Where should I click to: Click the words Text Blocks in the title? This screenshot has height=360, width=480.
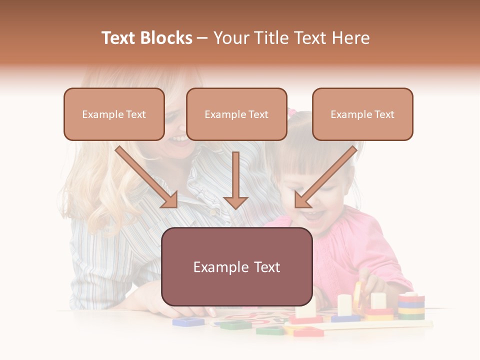coord(146,38)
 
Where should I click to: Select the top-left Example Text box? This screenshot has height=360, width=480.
coord(114,114)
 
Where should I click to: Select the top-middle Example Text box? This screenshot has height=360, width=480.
coord(236,114)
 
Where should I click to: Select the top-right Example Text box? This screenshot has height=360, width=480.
coord(362,114)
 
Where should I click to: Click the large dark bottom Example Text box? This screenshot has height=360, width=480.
coord(236,267)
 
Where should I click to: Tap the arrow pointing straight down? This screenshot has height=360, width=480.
coord(235,182)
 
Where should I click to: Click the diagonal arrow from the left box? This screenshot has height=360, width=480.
coord(147,177)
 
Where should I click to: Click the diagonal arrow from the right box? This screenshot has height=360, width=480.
coord(325,177)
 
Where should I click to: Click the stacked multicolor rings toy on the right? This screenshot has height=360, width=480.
coord(411,306)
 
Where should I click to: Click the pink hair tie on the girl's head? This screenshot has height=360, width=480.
coord(291,113)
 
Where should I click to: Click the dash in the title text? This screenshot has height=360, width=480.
coord(202,38)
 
